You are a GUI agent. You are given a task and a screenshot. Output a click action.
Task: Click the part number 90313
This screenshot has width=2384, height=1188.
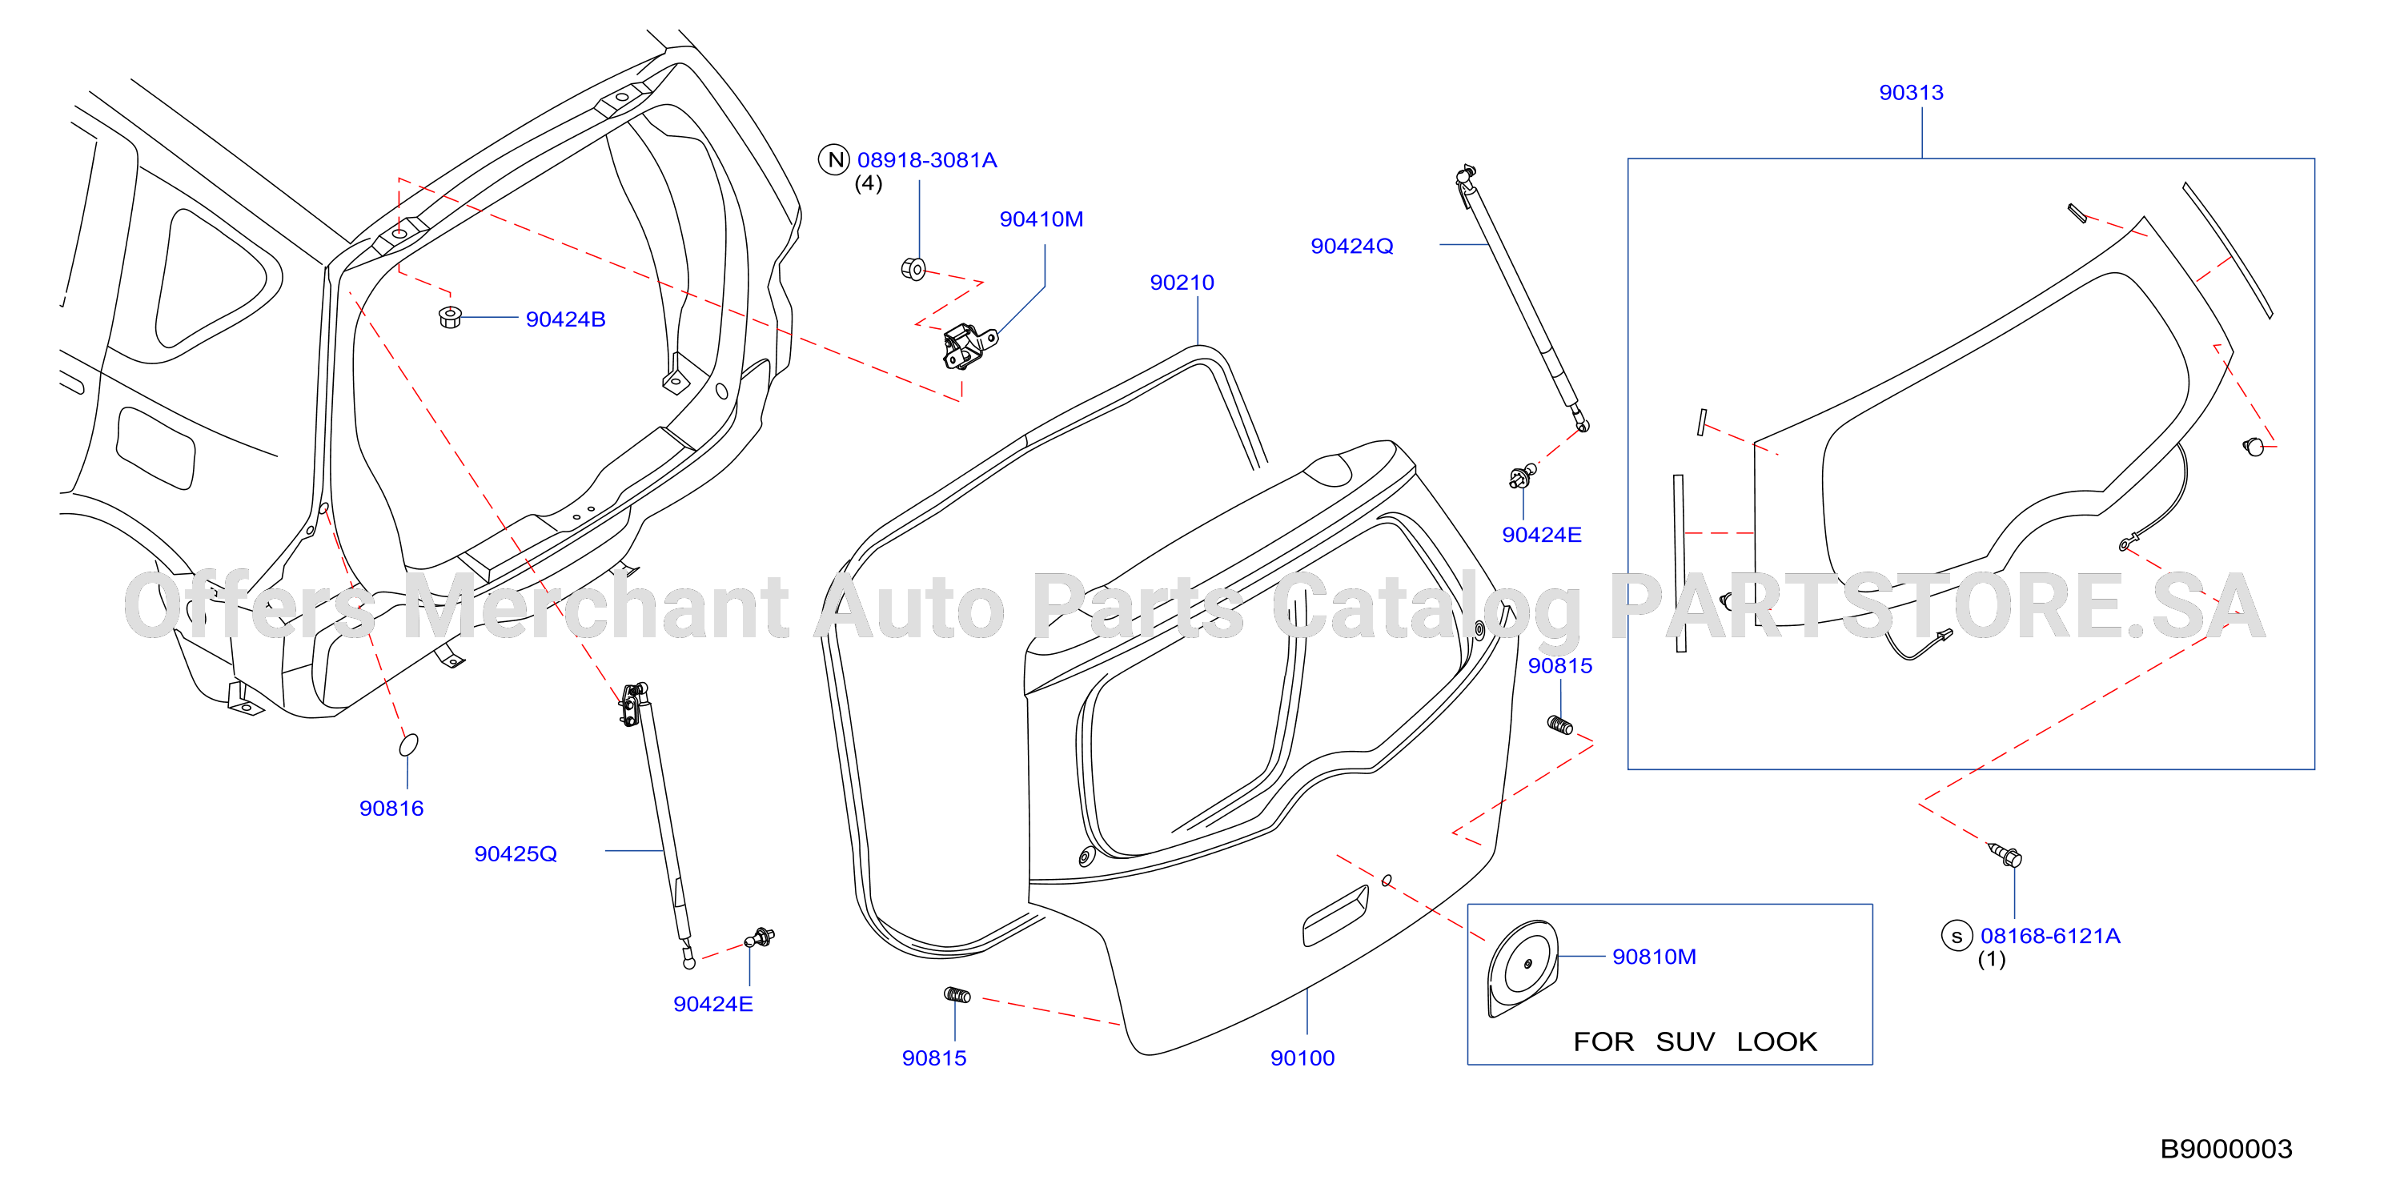coord(1910,93)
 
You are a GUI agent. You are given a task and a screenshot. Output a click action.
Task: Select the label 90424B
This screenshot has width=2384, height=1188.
coord(565,319)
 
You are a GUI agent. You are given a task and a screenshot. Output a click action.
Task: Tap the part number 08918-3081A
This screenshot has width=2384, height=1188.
coord(926,160)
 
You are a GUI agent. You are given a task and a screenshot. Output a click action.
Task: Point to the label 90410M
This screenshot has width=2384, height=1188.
coord(1041,219)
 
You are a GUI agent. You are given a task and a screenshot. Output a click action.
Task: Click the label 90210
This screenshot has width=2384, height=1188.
coord(1182,283)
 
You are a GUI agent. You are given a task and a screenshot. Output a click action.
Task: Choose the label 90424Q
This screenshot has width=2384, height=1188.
coord(1351,246)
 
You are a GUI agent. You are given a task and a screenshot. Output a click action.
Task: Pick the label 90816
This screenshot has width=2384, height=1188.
coord(391,809)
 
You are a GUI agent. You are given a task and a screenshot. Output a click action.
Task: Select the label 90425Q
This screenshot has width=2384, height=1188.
coord(516,854)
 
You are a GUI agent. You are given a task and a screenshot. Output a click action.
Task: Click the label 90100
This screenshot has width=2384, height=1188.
coord(1302,1058)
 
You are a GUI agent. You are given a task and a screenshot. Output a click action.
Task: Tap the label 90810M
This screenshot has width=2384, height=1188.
coord(1654,957)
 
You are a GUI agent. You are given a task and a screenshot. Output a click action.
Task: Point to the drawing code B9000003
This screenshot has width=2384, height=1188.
coord(2225,1149)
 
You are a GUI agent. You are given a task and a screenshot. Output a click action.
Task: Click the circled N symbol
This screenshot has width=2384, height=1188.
coord(834,160)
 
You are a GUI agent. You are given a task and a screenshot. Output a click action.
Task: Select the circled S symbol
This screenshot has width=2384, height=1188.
coord(1957,937)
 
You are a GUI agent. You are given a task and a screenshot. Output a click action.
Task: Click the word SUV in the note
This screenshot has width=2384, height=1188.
coord(1685,1042)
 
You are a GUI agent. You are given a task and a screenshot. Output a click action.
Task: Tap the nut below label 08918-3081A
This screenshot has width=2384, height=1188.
coord(913,268)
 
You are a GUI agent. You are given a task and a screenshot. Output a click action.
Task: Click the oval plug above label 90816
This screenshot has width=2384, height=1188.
coord(408,745)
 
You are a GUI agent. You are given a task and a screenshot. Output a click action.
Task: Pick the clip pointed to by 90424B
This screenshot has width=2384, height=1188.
coord(450,316)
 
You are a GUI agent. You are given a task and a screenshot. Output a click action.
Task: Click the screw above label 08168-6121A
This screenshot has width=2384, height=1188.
coord(2005,855)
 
